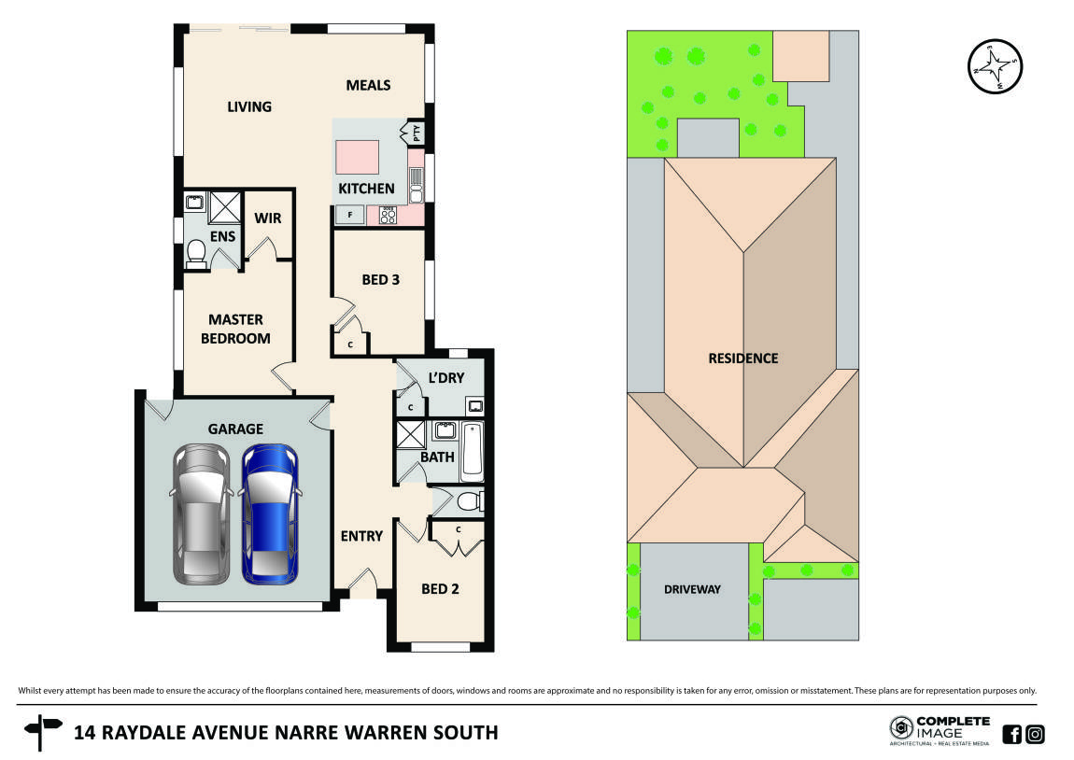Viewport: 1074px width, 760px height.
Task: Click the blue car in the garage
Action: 271,514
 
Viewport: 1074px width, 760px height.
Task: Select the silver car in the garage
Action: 201,514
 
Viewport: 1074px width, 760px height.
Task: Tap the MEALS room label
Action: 368,85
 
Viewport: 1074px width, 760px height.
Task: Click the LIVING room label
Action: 249,106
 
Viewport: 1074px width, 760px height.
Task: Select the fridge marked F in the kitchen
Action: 349,216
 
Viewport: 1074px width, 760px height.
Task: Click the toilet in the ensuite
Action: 196,254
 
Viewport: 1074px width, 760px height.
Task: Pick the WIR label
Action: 268,218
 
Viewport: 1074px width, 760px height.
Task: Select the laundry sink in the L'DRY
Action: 475,406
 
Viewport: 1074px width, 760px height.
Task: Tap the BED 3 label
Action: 381,278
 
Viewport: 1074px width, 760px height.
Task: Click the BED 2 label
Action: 439,589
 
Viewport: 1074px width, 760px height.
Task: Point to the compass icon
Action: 996,67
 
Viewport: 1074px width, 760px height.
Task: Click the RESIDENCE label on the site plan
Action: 742,358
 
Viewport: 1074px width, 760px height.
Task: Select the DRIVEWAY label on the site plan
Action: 692,590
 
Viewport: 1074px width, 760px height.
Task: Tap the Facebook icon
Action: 1011,734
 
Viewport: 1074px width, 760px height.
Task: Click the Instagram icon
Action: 1035,734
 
